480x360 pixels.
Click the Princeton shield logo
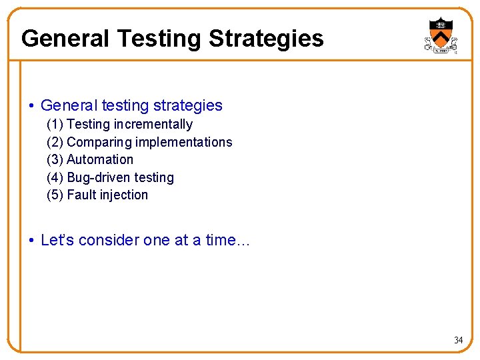[441, 35]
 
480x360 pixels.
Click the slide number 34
[458, 341]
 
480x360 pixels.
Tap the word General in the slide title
[65, 39]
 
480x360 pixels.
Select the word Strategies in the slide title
[266, 39]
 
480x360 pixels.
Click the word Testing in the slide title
[159, 39]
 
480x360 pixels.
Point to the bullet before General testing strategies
[32, 106]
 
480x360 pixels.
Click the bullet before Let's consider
[32, 241]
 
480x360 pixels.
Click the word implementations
[184, 142]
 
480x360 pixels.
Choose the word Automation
[100, 160]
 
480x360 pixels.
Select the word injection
[123, 195]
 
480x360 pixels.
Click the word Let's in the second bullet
[57, 240]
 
